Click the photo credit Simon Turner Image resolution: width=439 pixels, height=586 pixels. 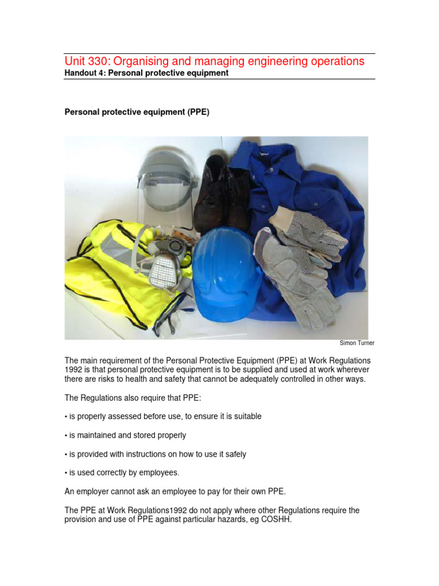click(357, 343)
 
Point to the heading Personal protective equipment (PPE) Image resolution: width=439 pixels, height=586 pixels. click(137, 113)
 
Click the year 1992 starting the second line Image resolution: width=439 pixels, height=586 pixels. click(74, 370)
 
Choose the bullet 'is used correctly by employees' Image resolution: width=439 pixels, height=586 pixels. click(122, 473)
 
